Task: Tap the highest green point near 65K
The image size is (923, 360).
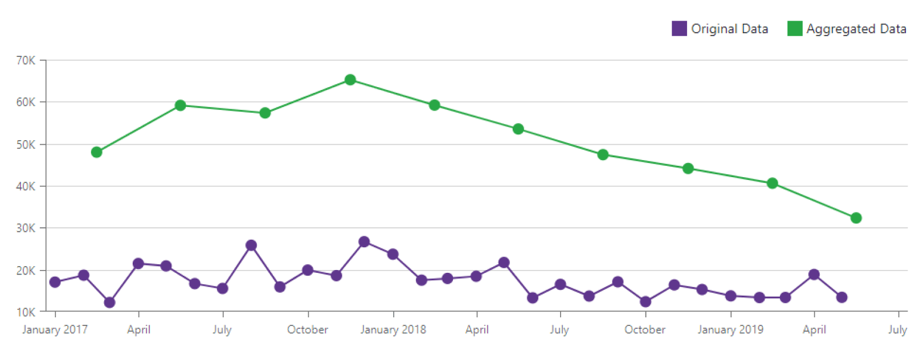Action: [x=350, y=80]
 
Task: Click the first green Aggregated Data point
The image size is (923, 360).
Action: [x=97, y=152]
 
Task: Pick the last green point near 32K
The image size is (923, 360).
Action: [x=856, y=218]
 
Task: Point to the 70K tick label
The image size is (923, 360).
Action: [x=26, y=60]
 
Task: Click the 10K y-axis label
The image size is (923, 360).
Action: [x=26, y=312]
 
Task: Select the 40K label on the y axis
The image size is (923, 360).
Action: [x=26, y=186]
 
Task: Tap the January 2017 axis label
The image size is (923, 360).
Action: [x=55, y=330]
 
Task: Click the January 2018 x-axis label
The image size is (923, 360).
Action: [x=393, y=330]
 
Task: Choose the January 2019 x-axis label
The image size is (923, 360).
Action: [x=730, y=330]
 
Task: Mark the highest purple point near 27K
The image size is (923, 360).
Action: [x=365, y=242]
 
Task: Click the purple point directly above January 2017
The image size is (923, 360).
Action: [x=55, y=282]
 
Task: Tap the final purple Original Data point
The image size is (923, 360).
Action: [x=842, y=297]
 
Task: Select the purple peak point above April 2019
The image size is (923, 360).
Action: [x=814, y=275]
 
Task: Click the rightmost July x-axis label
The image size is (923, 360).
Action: [x=897, y=330]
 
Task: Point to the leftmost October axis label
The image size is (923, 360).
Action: [x=308, y=330]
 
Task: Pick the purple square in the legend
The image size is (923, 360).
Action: [x=679, y=28]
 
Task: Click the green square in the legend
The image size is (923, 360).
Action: [x=795, y=28]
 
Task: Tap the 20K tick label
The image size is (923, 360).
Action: [x=26, y=271]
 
